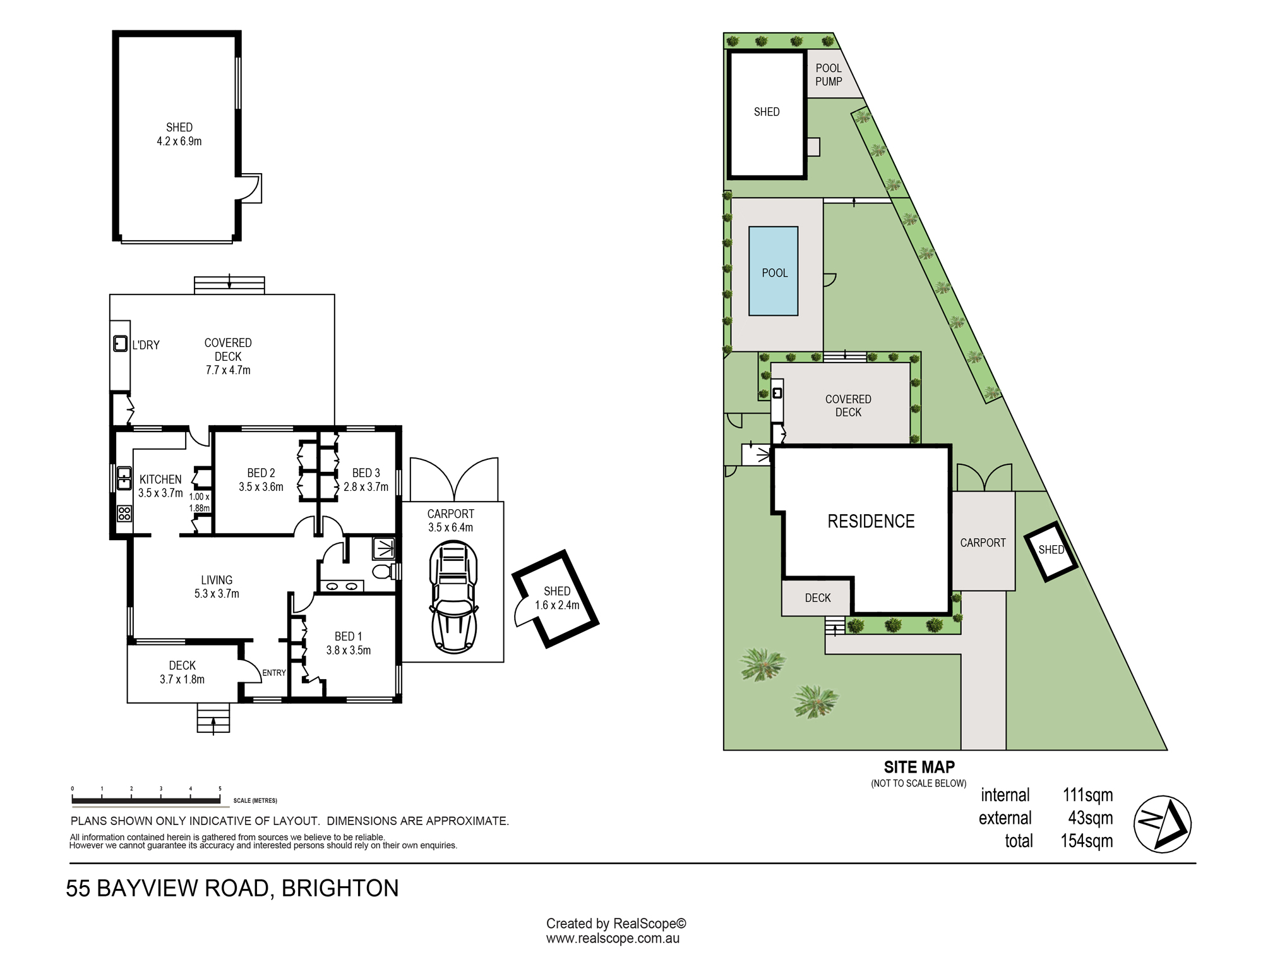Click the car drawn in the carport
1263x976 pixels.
click(x=453, y=596)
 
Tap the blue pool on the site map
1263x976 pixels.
click(x=773, y=271)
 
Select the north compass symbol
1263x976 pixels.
click(x=1163, y=824)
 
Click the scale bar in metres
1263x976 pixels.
click(x=146, y=802)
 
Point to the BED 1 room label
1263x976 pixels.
click(x=348, y=636)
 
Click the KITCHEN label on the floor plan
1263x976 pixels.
click(x=160, y=479)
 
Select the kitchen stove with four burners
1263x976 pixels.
click(x=124, y=513)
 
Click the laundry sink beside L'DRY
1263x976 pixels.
click(x=120, y=344)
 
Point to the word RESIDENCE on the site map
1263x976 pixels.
click(x=871, y=521)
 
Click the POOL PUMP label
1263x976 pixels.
click(x=829, y=75)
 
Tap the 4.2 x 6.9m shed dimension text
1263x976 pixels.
click(x=179, y=142)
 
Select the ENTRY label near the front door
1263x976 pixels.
click(x=274, y=673)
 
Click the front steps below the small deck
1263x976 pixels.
click(x=213, y=718)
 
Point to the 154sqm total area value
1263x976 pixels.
click(x=1086, y=841)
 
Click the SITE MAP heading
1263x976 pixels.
click(x=919, y=767)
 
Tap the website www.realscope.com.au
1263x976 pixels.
click(x=613, y=938)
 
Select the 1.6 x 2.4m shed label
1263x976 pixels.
click(x=557, y=605)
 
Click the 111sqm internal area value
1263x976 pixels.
click(x=1087, y=795)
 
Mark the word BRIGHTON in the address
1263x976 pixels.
click(x=340, y=888)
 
